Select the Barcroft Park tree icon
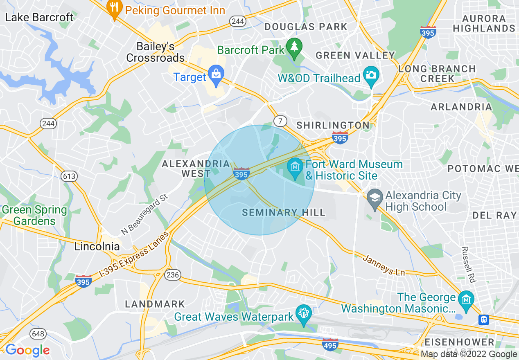[294, 46]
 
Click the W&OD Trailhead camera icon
[371, 75]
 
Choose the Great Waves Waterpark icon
[303, 313]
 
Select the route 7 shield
[280, 121]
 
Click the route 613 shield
[69, 176]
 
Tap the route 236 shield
[173, 275]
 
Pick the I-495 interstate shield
[330, 344]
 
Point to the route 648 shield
[38, 334]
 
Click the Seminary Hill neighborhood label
[283, 212]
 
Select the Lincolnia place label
[97, 247]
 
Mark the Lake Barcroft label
[39, 17]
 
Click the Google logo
[27, 350]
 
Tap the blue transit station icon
[484, 319]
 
